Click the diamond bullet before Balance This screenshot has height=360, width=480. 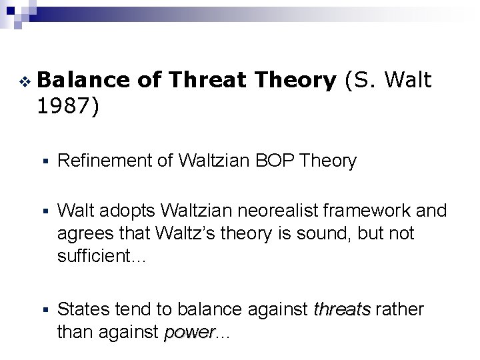25,82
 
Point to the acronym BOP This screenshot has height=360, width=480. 282,160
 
